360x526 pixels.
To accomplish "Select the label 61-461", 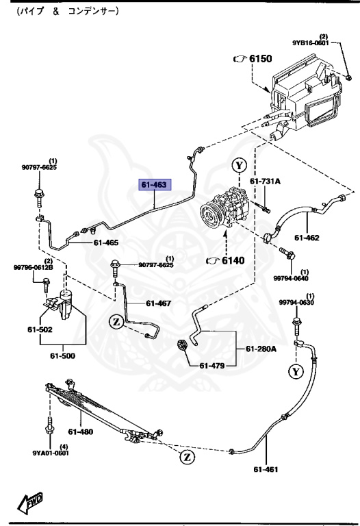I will [x=267, y=470].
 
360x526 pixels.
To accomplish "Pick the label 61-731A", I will [x=264, y=181].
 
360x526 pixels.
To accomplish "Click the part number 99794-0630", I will [x=296, y=303].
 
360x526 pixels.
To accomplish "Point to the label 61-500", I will [x=64, y=356].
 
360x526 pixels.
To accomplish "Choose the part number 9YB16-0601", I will [x=316, y=42].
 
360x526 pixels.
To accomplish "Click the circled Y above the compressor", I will [x=238, y=165].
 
